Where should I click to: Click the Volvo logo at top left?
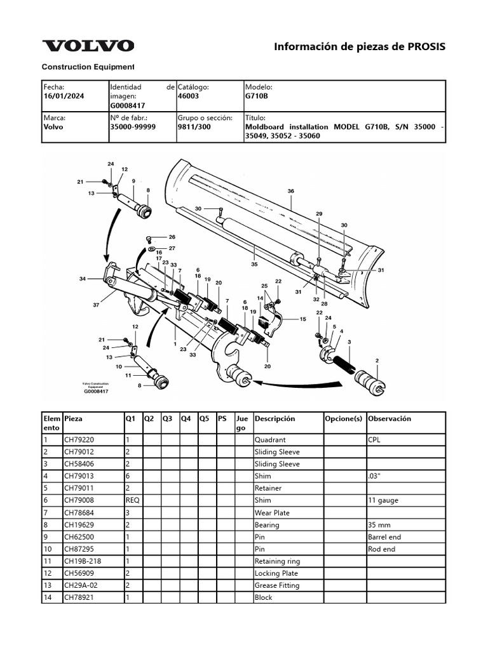88,46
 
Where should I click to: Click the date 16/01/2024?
64,96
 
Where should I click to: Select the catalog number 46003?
189,96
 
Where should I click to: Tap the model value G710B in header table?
257,96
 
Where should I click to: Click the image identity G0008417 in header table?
128,105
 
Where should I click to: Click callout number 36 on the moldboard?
290,191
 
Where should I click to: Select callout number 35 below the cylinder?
254,263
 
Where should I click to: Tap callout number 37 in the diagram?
97,305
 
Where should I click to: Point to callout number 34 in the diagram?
83,279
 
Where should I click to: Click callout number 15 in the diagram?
303,319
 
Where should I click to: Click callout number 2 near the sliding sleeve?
377,361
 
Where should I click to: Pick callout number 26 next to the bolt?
172,237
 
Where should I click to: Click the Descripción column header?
274,419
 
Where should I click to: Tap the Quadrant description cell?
270,440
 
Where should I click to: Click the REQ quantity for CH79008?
132,500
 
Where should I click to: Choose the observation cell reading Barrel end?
384,537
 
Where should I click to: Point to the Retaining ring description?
277,561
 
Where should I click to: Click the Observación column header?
390,419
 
